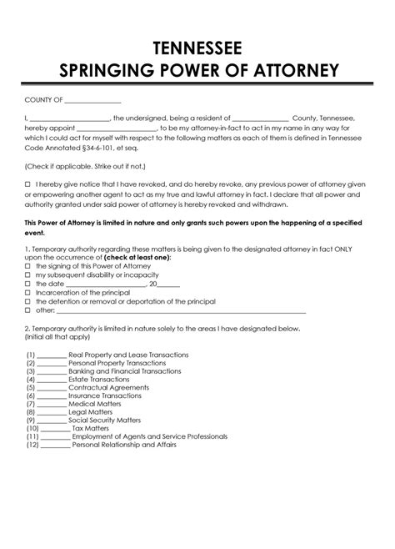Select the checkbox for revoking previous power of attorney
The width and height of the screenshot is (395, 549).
27,182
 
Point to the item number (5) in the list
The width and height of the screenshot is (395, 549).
31,388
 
